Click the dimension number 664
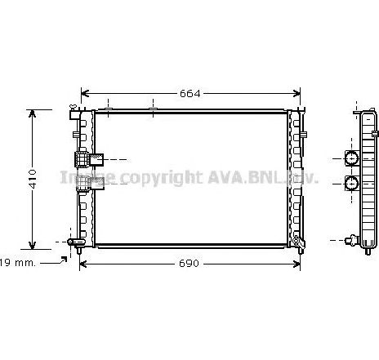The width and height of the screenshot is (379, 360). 189,93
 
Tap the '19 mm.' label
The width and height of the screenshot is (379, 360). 16,262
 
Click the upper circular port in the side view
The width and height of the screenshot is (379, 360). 352,158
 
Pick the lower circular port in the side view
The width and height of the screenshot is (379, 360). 352,183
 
